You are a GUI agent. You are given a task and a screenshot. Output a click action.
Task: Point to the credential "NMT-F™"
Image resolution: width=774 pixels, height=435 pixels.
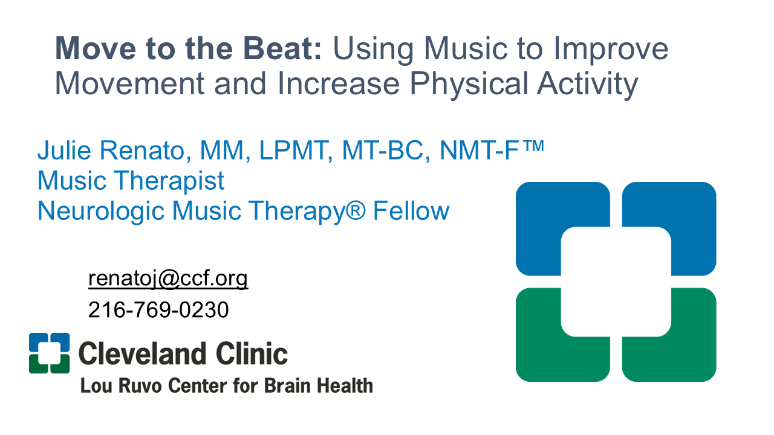pyautogui.click(x=492, y=150)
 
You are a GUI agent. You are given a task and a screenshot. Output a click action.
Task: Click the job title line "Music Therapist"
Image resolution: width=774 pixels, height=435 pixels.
pyautogui.click(x=131, y=181)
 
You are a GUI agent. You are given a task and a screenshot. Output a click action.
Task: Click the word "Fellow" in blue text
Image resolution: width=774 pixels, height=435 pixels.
pyautogui.click(x=411, y=211)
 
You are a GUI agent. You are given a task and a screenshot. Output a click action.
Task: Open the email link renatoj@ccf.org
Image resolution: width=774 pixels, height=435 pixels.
pyautogui.click(x=168, y=279)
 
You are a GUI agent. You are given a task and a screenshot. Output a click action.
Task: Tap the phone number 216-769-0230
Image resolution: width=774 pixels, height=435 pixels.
pyautogui.click(x=158, y=310)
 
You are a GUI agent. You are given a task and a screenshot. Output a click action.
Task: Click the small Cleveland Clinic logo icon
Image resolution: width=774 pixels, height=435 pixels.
pyautogui.click(x=49, y=353)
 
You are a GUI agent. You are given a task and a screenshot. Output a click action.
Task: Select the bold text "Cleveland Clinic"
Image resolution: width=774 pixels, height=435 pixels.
pyautogui.click(x=183, y=353)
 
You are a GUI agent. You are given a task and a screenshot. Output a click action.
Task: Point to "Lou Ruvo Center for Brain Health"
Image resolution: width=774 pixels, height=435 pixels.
pyautogui.click(x=226, y=385)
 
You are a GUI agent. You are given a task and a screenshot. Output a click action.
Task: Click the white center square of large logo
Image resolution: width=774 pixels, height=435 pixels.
pyautogui.click(x=616, y=282)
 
